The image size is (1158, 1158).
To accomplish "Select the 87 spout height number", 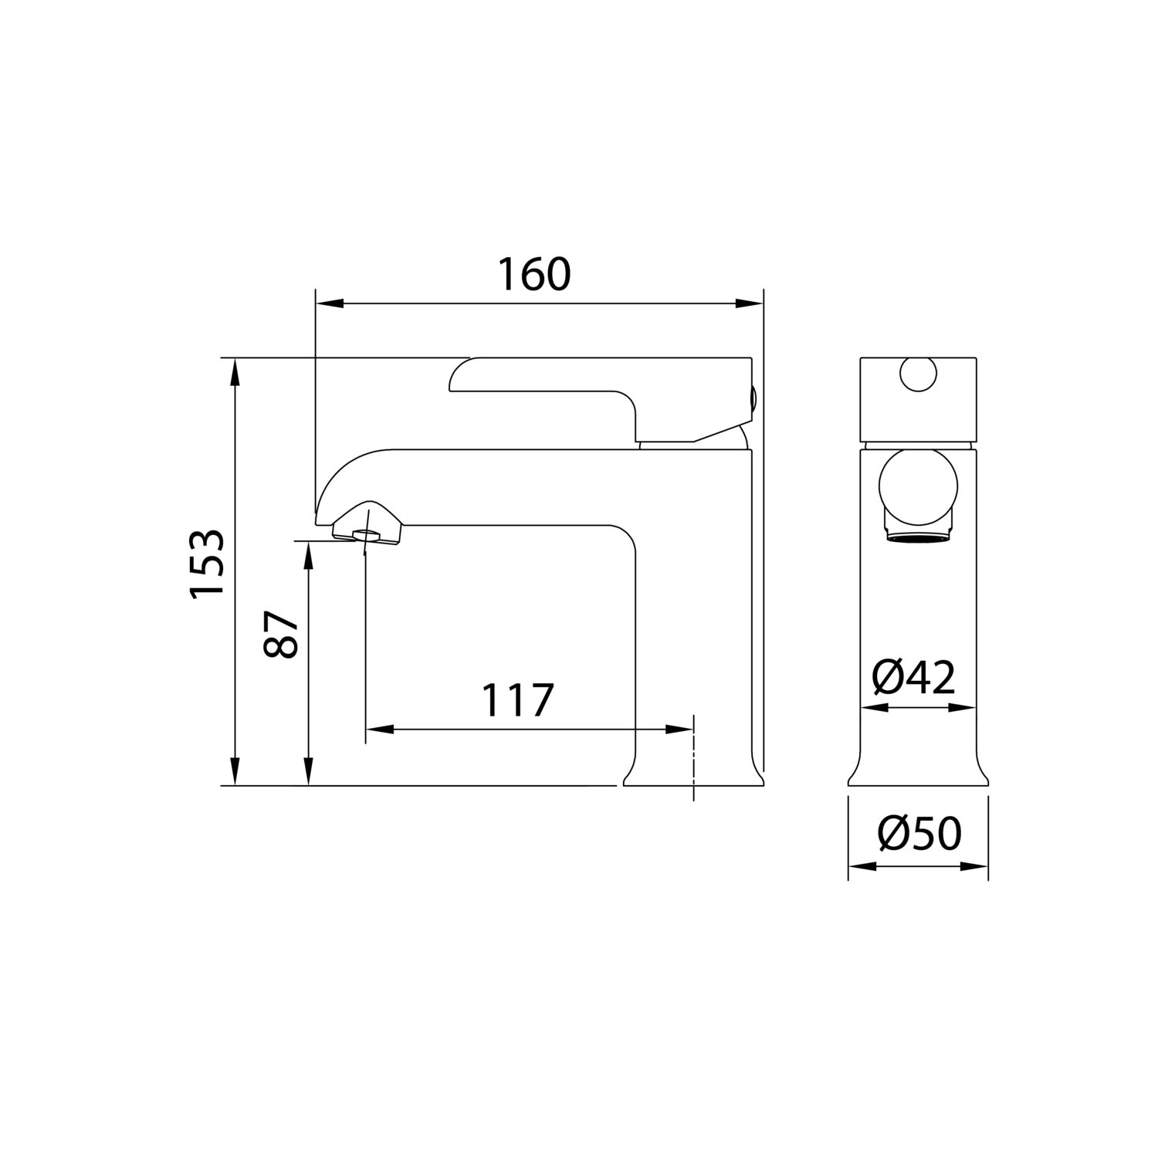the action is [x=281, y=634].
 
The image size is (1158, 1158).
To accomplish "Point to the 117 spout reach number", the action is [x=518, y=699].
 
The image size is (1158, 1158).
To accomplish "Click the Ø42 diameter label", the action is [x=914, y=677].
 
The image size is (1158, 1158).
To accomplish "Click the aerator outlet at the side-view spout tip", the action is [x=366, y=534].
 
